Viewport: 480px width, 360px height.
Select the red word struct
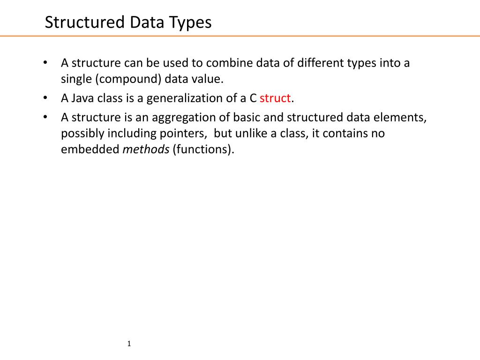(x=275, y=98)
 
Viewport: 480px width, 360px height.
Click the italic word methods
(x=146, y=150)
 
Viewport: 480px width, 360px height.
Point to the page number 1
(x=129, y=345)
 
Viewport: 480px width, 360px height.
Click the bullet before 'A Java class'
(x=45, y=98)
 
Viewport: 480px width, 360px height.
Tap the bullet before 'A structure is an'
(x=45, y=117)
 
